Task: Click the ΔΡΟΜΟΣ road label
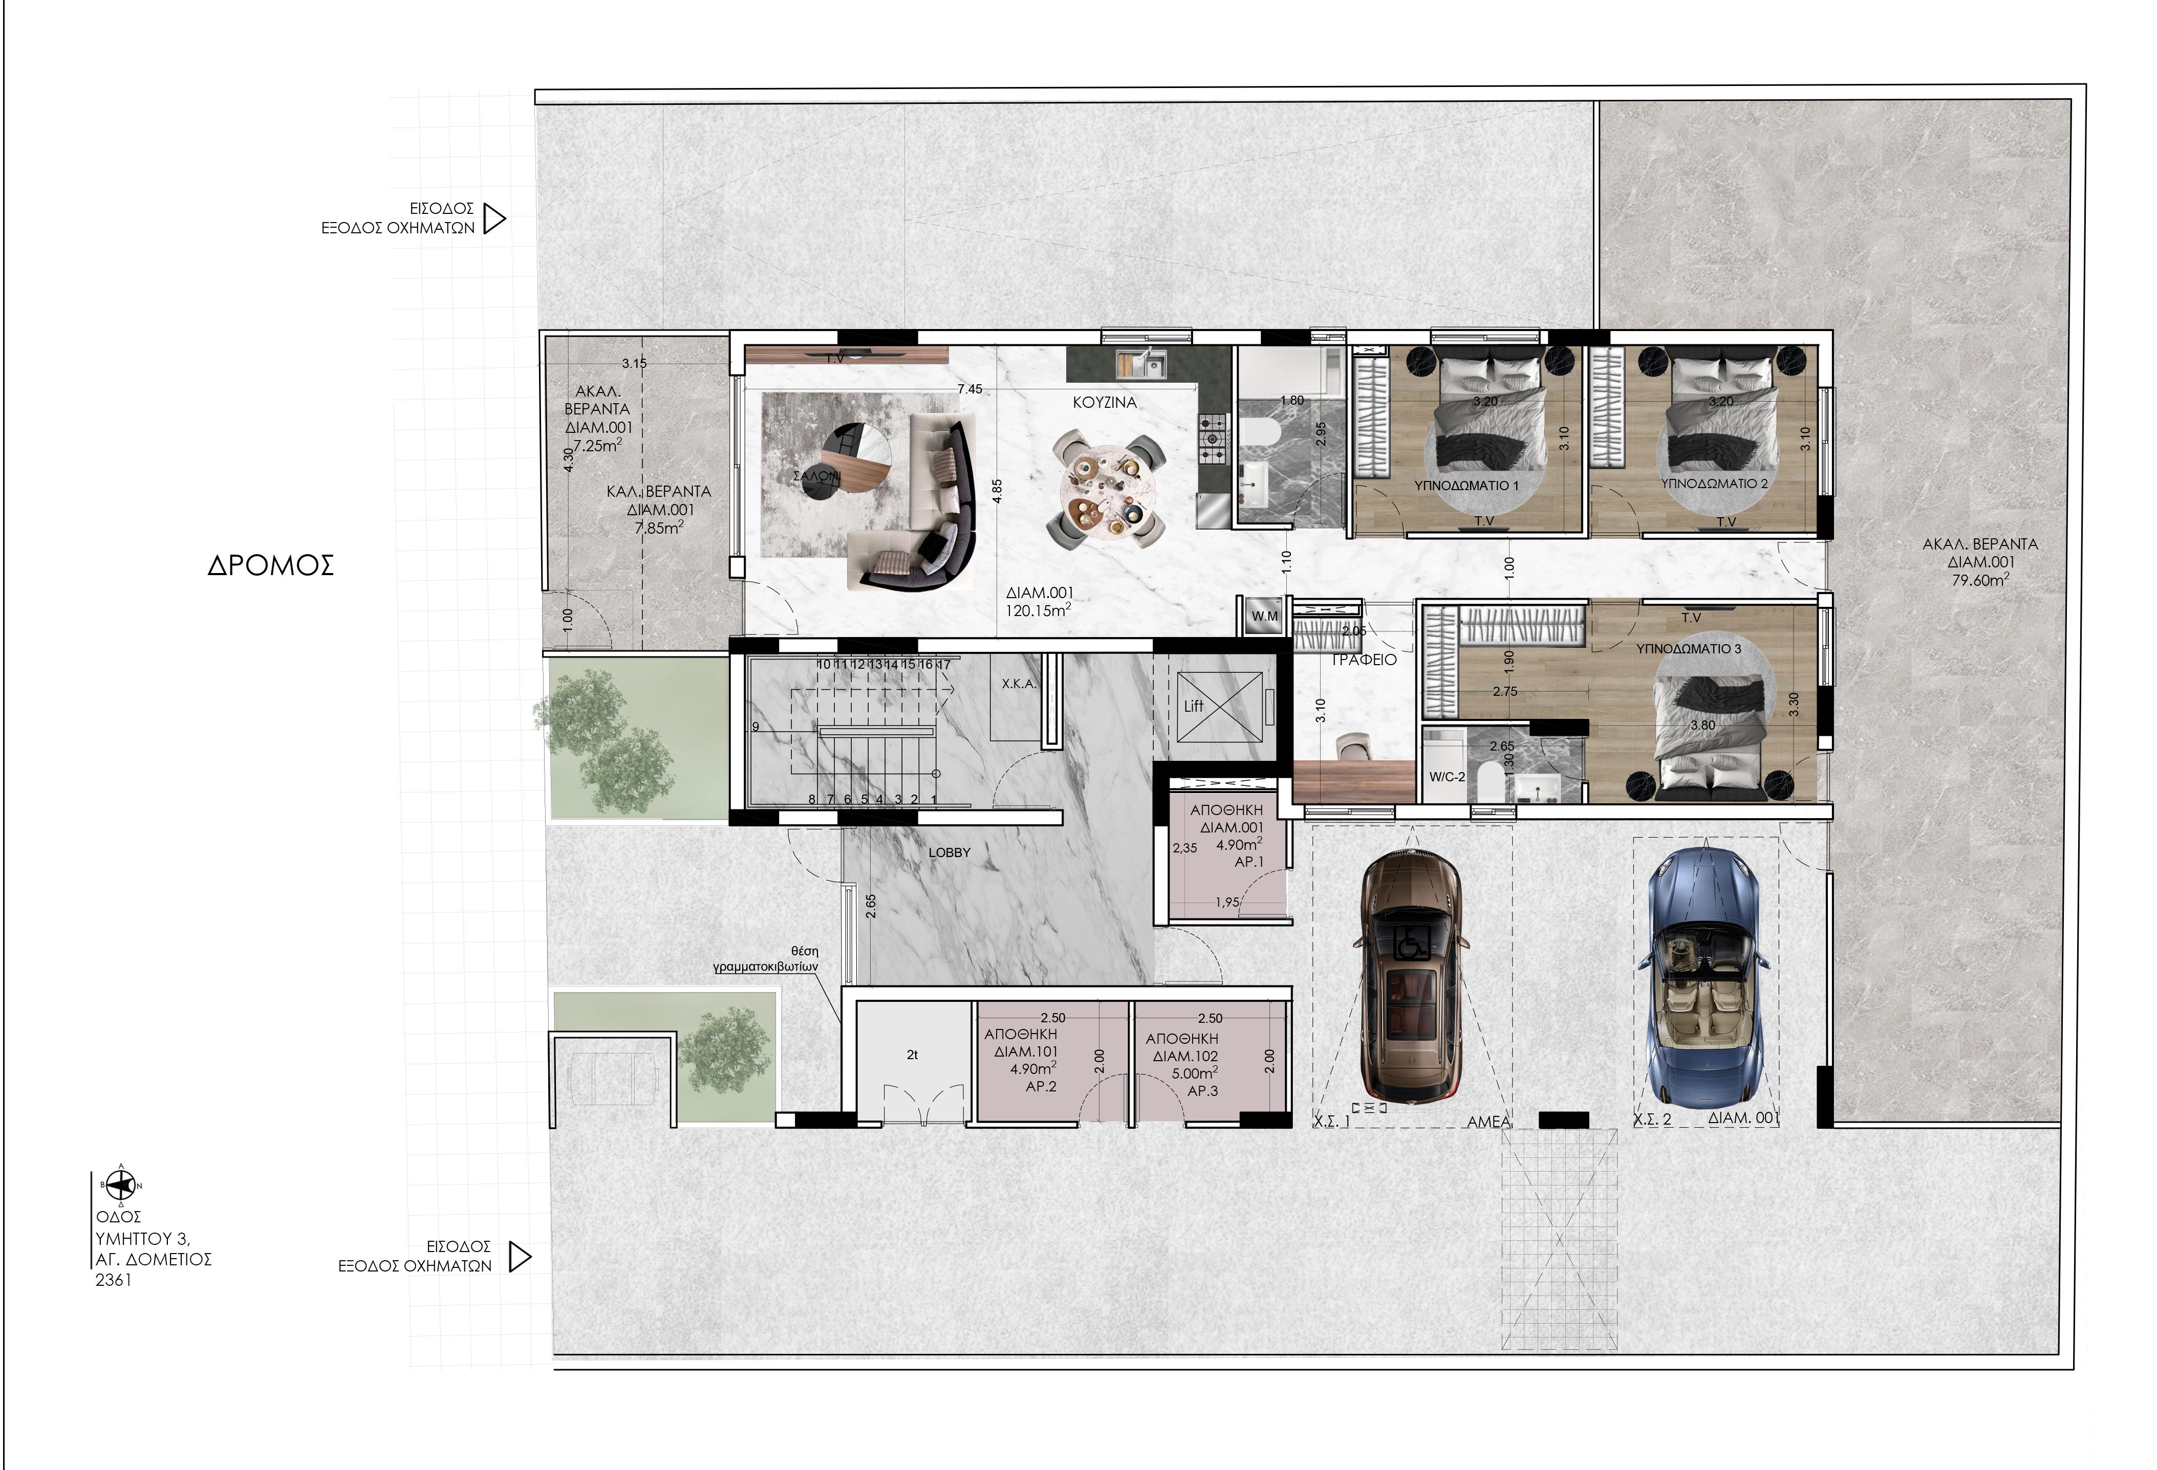tap(270, 566)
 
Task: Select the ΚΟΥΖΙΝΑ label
tap(1105, 403)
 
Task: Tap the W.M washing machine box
tap(1264, 616)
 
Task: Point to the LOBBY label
tap(950, 852)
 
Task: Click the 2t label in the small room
tap(912, 1055)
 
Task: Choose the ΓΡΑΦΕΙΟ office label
tap(1364, 660)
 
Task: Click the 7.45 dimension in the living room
tap(970, 389)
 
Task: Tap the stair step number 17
tap(944, 665)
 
